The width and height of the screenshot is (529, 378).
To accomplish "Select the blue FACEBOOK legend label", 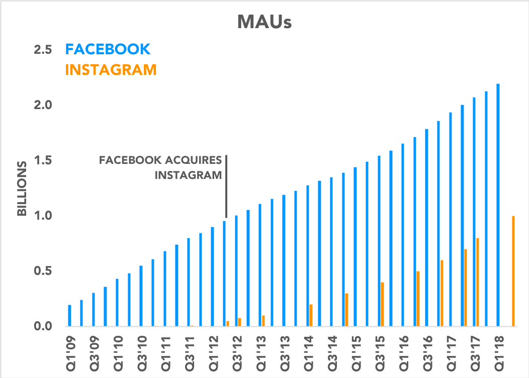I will (108, 49).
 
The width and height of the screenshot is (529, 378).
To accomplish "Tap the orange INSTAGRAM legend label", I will (111, 69).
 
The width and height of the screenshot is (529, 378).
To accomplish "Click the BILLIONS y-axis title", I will (23, 188).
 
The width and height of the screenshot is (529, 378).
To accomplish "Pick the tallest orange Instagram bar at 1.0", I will (513, 271).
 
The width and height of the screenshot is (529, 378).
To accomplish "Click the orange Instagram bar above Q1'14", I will (311, 315).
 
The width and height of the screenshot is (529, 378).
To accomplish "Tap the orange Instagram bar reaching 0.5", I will (418, 299).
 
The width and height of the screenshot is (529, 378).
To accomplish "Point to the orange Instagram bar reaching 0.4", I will (382, 304).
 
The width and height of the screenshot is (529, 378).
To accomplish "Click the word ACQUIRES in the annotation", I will (198, 161).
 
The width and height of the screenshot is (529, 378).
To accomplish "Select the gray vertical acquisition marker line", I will (226, 186).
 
